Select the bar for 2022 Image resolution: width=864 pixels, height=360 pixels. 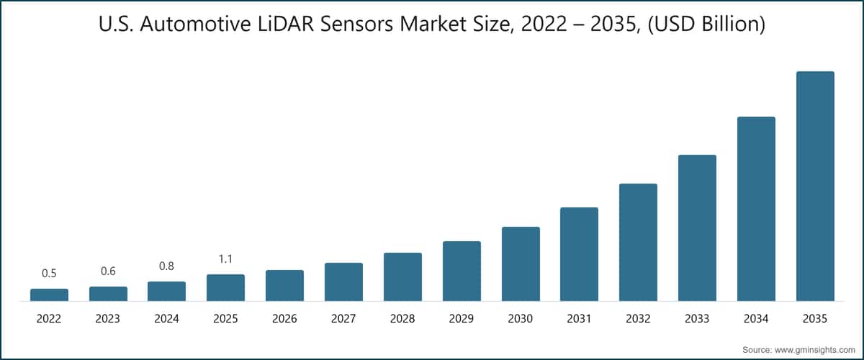click(49, 294)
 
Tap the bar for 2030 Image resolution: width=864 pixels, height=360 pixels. click(521, 264)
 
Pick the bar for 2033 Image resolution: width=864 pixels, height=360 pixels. click(697, 228)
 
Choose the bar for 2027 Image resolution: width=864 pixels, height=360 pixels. click(343, 282)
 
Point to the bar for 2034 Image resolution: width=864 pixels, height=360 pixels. click(756, 209)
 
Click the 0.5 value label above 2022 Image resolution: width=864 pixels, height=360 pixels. click(49, 274)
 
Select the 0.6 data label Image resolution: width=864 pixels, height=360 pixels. click(108, 271)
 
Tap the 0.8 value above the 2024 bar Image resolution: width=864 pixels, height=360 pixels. click(166, 266)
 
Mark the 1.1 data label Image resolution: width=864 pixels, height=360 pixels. click(225, 259)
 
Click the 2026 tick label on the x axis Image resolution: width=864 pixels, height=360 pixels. click(284, 319)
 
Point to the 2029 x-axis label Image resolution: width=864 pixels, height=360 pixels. click(462, 319)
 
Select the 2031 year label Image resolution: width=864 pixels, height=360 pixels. click(579, 319)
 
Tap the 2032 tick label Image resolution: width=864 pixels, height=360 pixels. click(638, 319)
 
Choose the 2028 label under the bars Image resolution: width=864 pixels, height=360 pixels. click(402, 319)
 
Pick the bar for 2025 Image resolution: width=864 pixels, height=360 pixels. click(225, 287)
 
